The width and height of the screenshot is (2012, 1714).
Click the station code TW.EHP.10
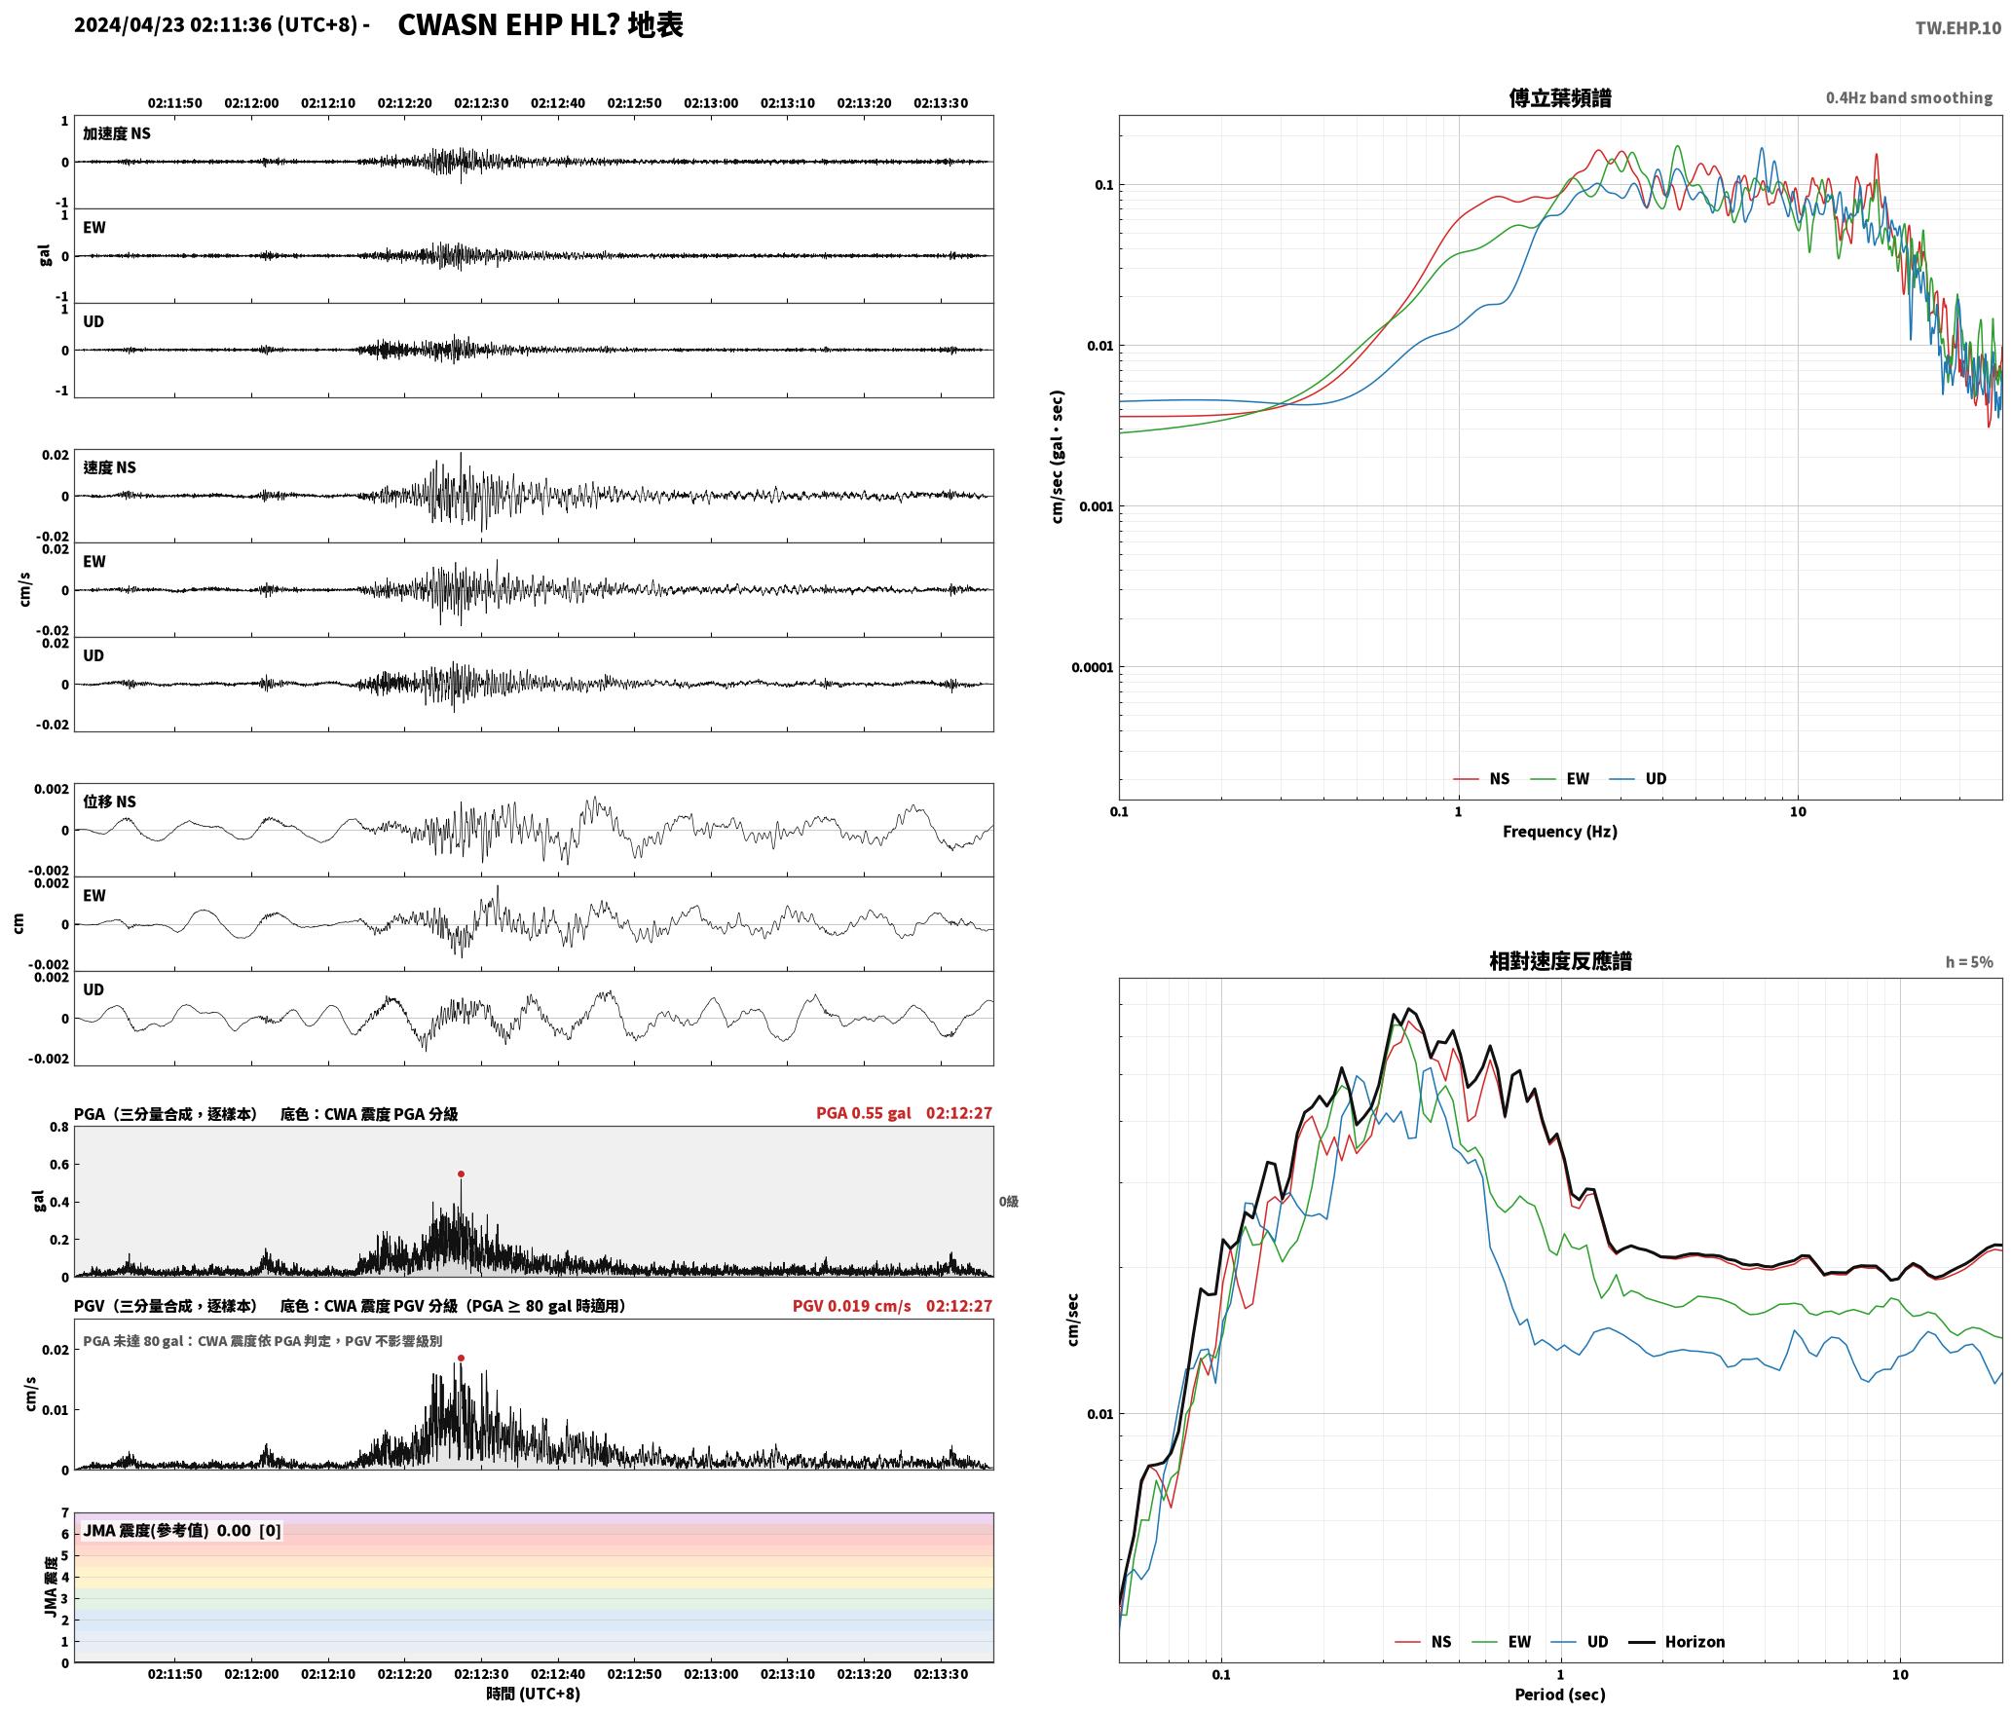pos(1957,28)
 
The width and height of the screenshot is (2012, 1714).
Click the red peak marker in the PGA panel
pos(461,1174)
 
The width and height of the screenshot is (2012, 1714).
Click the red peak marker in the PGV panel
pos(461,1358)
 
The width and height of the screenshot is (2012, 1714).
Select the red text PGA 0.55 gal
pos(864,1113)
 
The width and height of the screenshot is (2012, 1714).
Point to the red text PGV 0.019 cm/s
pos(851,1306)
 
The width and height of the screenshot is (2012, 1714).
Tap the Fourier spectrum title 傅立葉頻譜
pos(1559,97)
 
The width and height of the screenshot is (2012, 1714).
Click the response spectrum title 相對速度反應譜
pos(1559,961)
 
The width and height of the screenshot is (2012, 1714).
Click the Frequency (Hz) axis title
pos(1559,832)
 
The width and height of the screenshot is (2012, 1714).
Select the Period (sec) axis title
pos(1559,1695)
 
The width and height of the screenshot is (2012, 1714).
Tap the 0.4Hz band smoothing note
pos(1909,98)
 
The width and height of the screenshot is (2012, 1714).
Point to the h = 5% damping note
pos(1969,962)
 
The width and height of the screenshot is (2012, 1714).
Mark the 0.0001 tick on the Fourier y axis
pos(1092,667)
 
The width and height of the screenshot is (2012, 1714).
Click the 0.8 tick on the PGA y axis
pos(58,1128)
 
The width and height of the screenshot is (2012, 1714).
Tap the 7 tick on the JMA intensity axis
pos(65,1513)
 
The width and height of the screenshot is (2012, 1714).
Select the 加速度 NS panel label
pos(117,133)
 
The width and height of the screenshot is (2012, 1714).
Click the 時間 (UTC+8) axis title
pos(533,1694)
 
